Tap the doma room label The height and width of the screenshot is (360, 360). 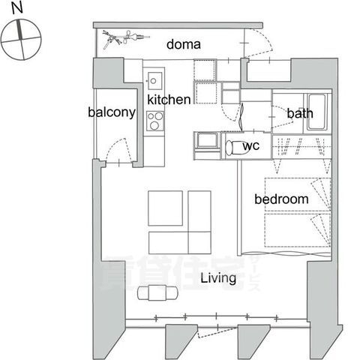tap(182, 43)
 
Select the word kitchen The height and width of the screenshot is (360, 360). tap(168, 99)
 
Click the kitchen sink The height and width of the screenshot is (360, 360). tap(155, 80)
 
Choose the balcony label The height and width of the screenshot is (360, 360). tap(111, 112)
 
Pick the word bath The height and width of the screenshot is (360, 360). tap(299, 114)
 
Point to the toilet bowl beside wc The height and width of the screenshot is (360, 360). tap(234, 145)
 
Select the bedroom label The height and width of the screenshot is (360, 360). tap(281, 199)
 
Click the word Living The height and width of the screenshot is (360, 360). tap(218, 278)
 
